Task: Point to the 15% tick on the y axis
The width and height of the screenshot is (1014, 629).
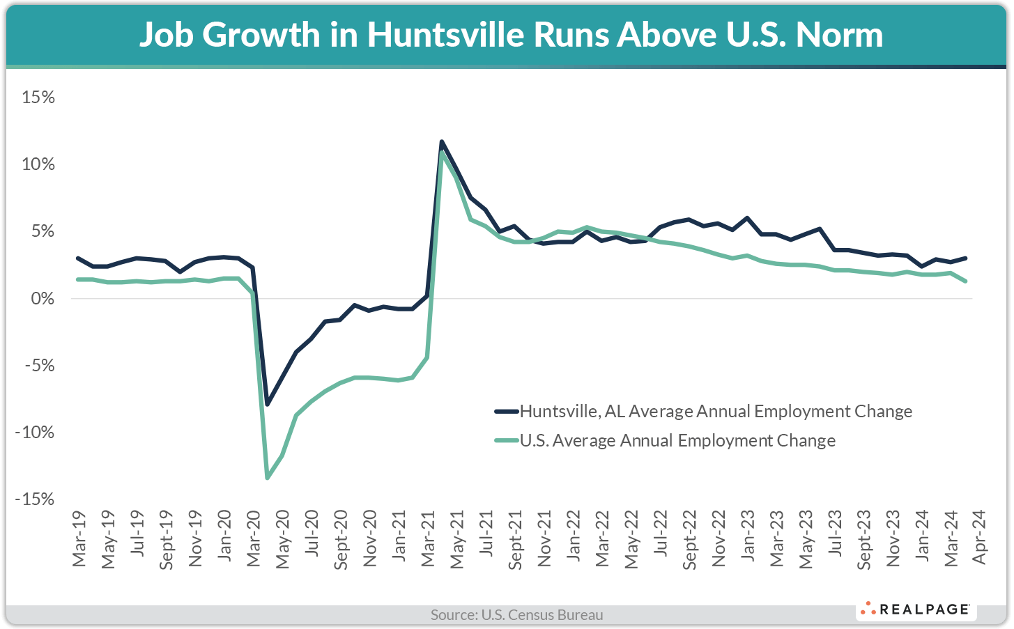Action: click(x=38, y=97)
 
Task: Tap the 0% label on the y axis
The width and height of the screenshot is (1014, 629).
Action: click(x=43, y=298)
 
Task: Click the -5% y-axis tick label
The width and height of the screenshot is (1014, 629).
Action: click(x=38, y=366)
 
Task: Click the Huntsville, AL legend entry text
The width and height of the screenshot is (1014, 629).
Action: click(x=716, y=412)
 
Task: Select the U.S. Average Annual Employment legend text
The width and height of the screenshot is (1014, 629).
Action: click(x=677, y=441)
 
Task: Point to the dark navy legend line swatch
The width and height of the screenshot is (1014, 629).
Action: click(x=506, y=412)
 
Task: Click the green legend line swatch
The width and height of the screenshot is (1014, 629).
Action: click(x=506, y=441)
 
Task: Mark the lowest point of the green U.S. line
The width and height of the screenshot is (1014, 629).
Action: click(x=267, y=478)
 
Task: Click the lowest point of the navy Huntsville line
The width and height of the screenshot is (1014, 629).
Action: click(x=267, y=404)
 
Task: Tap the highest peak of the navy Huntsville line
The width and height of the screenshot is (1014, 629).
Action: click(x=441, y=141)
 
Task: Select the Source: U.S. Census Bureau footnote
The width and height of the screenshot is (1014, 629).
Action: click(x=516, y=615)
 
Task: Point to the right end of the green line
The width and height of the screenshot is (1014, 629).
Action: click(x=965, y=281)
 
